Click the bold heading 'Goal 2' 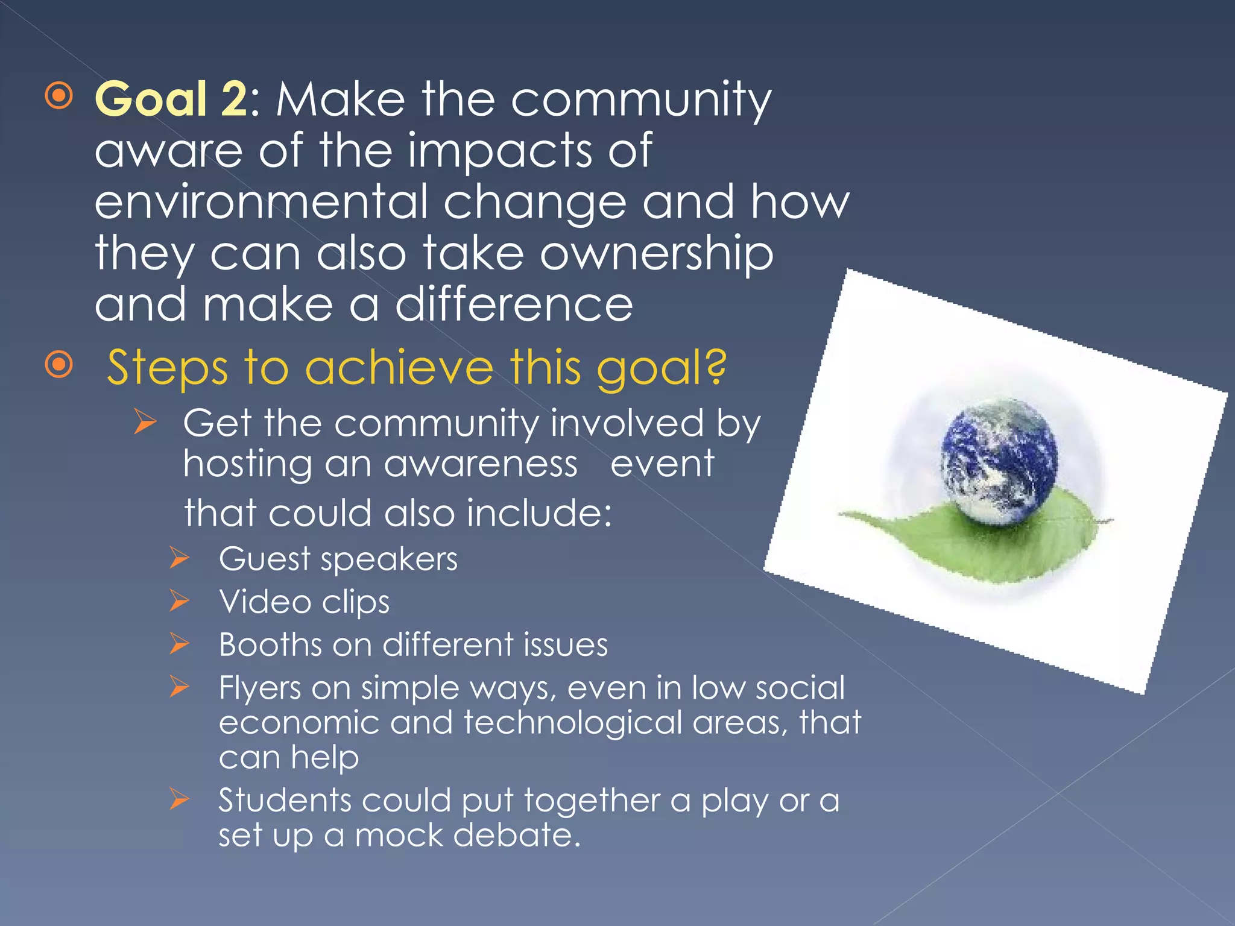[x=171, y=99]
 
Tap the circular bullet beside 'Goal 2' [x=59, y=96]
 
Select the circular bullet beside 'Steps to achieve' [x=59, y=364]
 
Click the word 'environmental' [x=261, y=202]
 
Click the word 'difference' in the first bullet [x=514, y=305]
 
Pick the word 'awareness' [x=481, y=464]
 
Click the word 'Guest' [x=264, y=559]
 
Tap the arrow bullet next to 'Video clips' [x=180, y=601]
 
